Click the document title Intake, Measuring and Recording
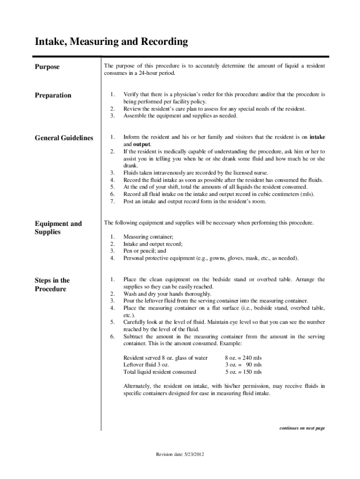tap(111, 42)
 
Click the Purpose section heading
tap(47, 67)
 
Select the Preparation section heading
tap(53, 95)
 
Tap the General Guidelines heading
tap(64, 138)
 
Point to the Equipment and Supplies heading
tap(58, 228)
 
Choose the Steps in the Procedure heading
tap(52, 284)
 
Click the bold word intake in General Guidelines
tap(317, 138)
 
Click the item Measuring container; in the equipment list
tap(148, 237)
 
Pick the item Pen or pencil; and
tap(144, 251)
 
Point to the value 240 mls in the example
tap(251, 358)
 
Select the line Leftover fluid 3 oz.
tap(146, 365)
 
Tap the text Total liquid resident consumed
tap(159, 372)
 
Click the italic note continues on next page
tap(302, 428)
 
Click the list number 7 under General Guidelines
tap(112, 202)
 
